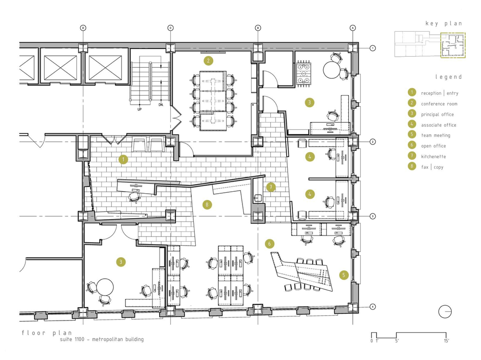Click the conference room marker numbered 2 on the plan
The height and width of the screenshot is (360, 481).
[208, 61]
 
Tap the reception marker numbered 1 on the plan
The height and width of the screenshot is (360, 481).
[123, 160]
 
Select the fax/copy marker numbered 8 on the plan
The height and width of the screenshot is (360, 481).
[207, 205]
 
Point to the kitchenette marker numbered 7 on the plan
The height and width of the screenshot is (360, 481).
[271, 187]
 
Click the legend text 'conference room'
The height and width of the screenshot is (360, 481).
[439, 104]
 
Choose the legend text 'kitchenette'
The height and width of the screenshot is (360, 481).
[433, 157]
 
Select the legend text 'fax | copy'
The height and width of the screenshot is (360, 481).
[432, 167]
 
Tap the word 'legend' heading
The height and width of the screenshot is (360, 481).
[448, 77]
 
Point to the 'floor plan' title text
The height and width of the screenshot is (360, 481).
[47, 333]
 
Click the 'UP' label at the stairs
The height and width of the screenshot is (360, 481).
[139, 109]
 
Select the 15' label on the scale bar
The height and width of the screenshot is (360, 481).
[446, 341]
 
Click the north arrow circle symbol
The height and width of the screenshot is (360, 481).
[444, 311]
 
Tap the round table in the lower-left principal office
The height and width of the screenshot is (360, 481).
[104, 287]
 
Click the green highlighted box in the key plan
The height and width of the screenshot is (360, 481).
[453, 45]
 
